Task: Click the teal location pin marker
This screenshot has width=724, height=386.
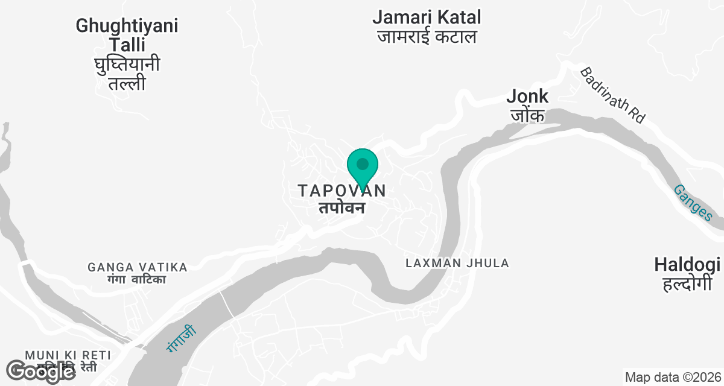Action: tap(363, 168)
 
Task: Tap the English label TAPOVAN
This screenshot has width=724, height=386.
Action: tap(341, 191)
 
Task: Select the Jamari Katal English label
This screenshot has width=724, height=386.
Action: tap(427, 17)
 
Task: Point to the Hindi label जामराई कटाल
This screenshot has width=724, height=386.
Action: tap(427, 37)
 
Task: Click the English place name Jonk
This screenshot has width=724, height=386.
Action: tap(527, 96)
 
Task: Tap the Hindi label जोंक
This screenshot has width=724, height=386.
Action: tap(528, 115)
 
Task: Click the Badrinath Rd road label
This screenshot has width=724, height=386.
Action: tap(612, 95)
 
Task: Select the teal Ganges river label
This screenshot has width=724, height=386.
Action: tap(693, 203)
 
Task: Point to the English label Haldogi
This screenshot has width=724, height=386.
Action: tap(687, 264)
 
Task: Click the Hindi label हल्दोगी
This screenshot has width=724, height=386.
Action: tap(687, 283)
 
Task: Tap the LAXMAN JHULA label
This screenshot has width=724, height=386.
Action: tap(457, 263)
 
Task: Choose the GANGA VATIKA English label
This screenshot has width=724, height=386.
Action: tap(138, 267)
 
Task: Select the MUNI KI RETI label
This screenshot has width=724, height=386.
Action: tap(68, 354)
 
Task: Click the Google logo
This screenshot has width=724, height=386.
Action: tap(40, 371)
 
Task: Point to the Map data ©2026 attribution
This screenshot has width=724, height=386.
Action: tap(672, 378)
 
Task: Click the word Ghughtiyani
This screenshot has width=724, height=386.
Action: tap(127, 26)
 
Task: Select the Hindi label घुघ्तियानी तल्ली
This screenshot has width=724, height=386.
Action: tap(127, 74)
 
